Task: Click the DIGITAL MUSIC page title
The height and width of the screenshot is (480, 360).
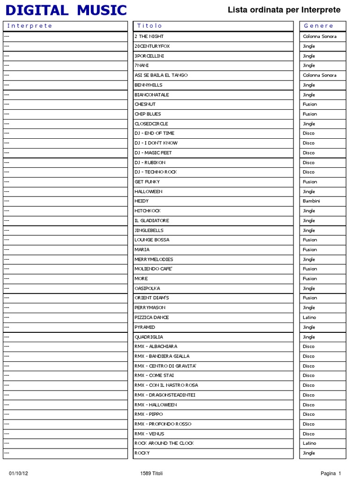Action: coord(66,10)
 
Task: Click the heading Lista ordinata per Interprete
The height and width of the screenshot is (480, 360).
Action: coord(284,10)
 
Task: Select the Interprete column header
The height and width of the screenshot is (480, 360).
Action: coord(30,26)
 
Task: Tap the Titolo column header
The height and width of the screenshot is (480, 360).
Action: coord(150,26)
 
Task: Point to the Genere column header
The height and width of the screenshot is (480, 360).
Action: coord(319,26)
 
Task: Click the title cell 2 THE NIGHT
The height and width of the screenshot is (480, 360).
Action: coord(149,36)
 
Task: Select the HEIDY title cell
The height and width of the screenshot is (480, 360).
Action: coord(142,201)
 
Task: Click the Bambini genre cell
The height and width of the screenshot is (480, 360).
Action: coord(312,201)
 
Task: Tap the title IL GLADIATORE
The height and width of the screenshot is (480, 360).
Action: coord(152,220)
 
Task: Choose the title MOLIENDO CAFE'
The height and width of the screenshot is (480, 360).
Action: coord(154,269)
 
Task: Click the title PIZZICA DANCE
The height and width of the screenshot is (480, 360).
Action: coord(151,317)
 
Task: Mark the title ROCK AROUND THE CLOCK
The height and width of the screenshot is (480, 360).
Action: coord(164,443)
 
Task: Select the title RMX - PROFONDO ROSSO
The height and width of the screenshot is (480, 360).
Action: coord(163,424)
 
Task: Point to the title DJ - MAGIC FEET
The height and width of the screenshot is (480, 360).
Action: coord(153,153)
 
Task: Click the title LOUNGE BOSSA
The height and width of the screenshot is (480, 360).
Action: coord(152,240)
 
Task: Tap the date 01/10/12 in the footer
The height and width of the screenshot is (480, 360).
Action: coord(19,473)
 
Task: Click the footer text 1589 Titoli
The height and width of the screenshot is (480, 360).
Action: coord(151,473)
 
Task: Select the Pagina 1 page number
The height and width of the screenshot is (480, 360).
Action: coord(331,473)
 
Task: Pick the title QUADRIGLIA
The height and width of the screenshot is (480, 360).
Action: coord(149,337)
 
